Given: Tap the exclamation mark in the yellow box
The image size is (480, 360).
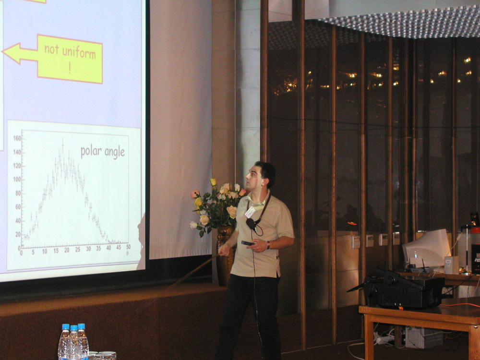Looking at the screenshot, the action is (70, 69).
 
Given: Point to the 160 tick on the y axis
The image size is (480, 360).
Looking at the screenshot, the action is (17, 138).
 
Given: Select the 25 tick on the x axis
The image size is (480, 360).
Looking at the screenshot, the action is (78, 250).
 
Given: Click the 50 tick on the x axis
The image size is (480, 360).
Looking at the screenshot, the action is (128, 247).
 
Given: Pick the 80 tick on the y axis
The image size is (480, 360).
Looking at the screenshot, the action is (18, 193).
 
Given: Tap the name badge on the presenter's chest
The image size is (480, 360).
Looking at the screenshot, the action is (250, 212).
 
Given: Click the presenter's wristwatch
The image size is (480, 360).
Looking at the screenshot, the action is (268, 245).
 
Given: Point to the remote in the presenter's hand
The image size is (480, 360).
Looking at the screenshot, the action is (247, 243).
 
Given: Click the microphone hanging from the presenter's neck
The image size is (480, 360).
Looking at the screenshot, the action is (251, 224).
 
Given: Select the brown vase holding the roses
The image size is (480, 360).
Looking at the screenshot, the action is (225, 254).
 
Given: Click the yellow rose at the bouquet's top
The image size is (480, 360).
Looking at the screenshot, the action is (213, 182).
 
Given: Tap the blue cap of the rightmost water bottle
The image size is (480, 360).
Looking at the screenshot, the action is (81, 326).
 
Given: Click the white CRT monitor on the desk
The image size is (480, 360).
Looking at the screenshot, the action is (427, 249).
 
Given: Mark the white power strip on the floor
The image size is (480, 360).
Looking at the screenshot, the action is (384, 339).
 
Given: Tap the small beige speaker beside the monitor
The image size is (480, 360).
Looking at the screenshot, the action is (451, 265).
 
